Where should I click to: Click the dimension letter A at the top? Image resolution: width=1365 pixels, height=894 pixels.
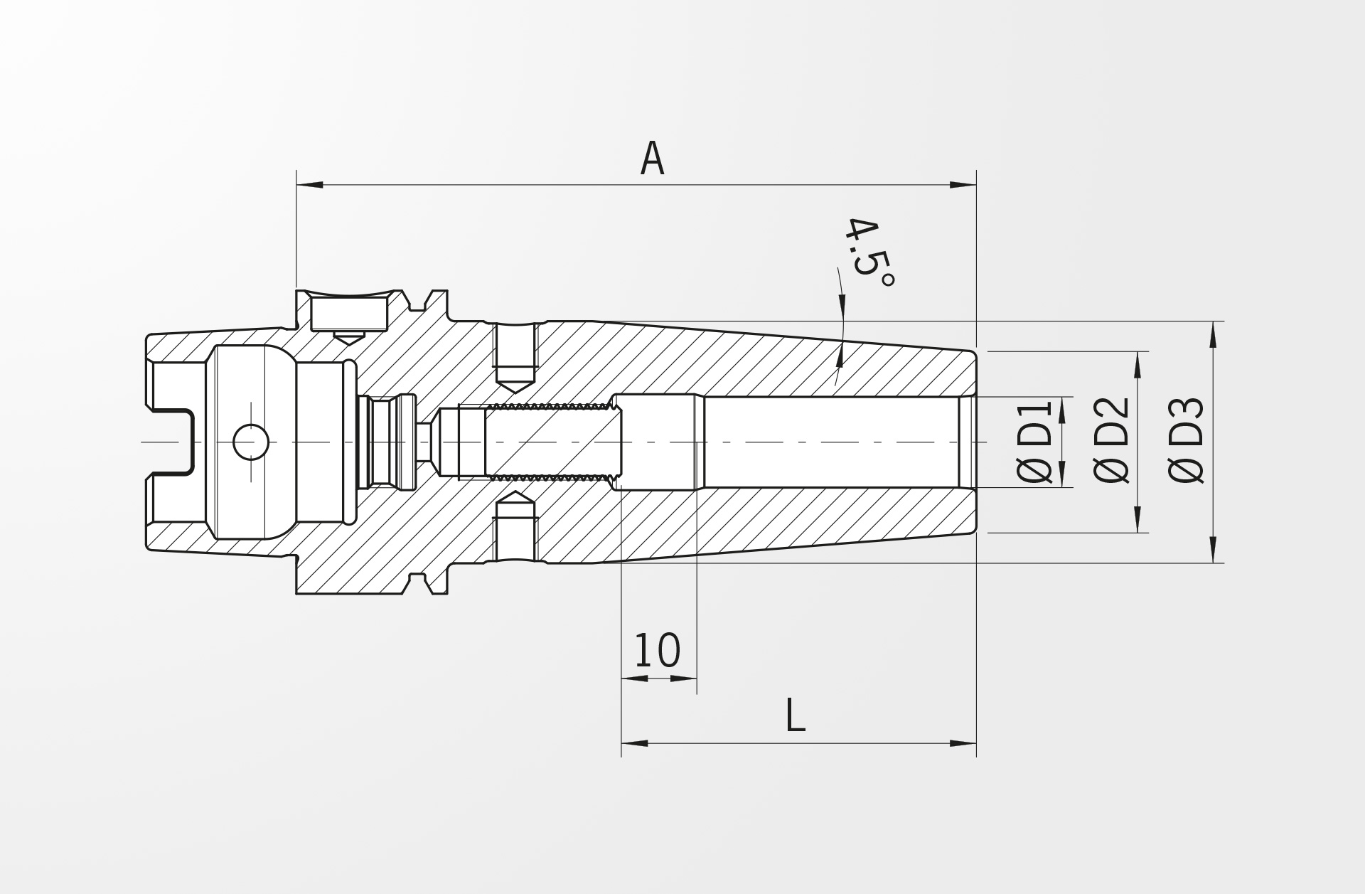tap(652, 159)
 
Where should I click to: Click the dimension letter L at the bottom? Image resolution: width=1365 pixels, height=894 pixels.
tap(796, 715)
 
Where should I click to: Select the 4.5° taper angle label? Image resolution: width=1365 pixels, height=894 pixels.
tap(868, 251)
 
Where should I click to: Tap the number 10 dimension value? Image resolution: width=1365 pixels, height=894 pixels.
tap(657, 650)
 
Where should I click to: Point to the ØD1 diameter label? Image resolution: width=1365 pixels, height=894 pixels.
tap(1035, 442)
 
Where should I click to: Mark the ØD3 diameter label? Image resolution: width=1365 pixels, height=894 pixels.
tap(1187, 441)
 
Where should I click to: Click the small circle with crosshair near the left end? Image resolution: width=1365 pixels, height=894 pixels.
tap(251, 442)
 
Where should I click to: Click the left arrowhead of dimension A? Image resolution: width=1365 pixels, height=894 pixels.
tap(310, 185)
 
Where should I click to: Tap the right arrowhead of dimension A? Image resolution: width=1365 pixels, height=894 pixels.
tap(963, 185)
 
